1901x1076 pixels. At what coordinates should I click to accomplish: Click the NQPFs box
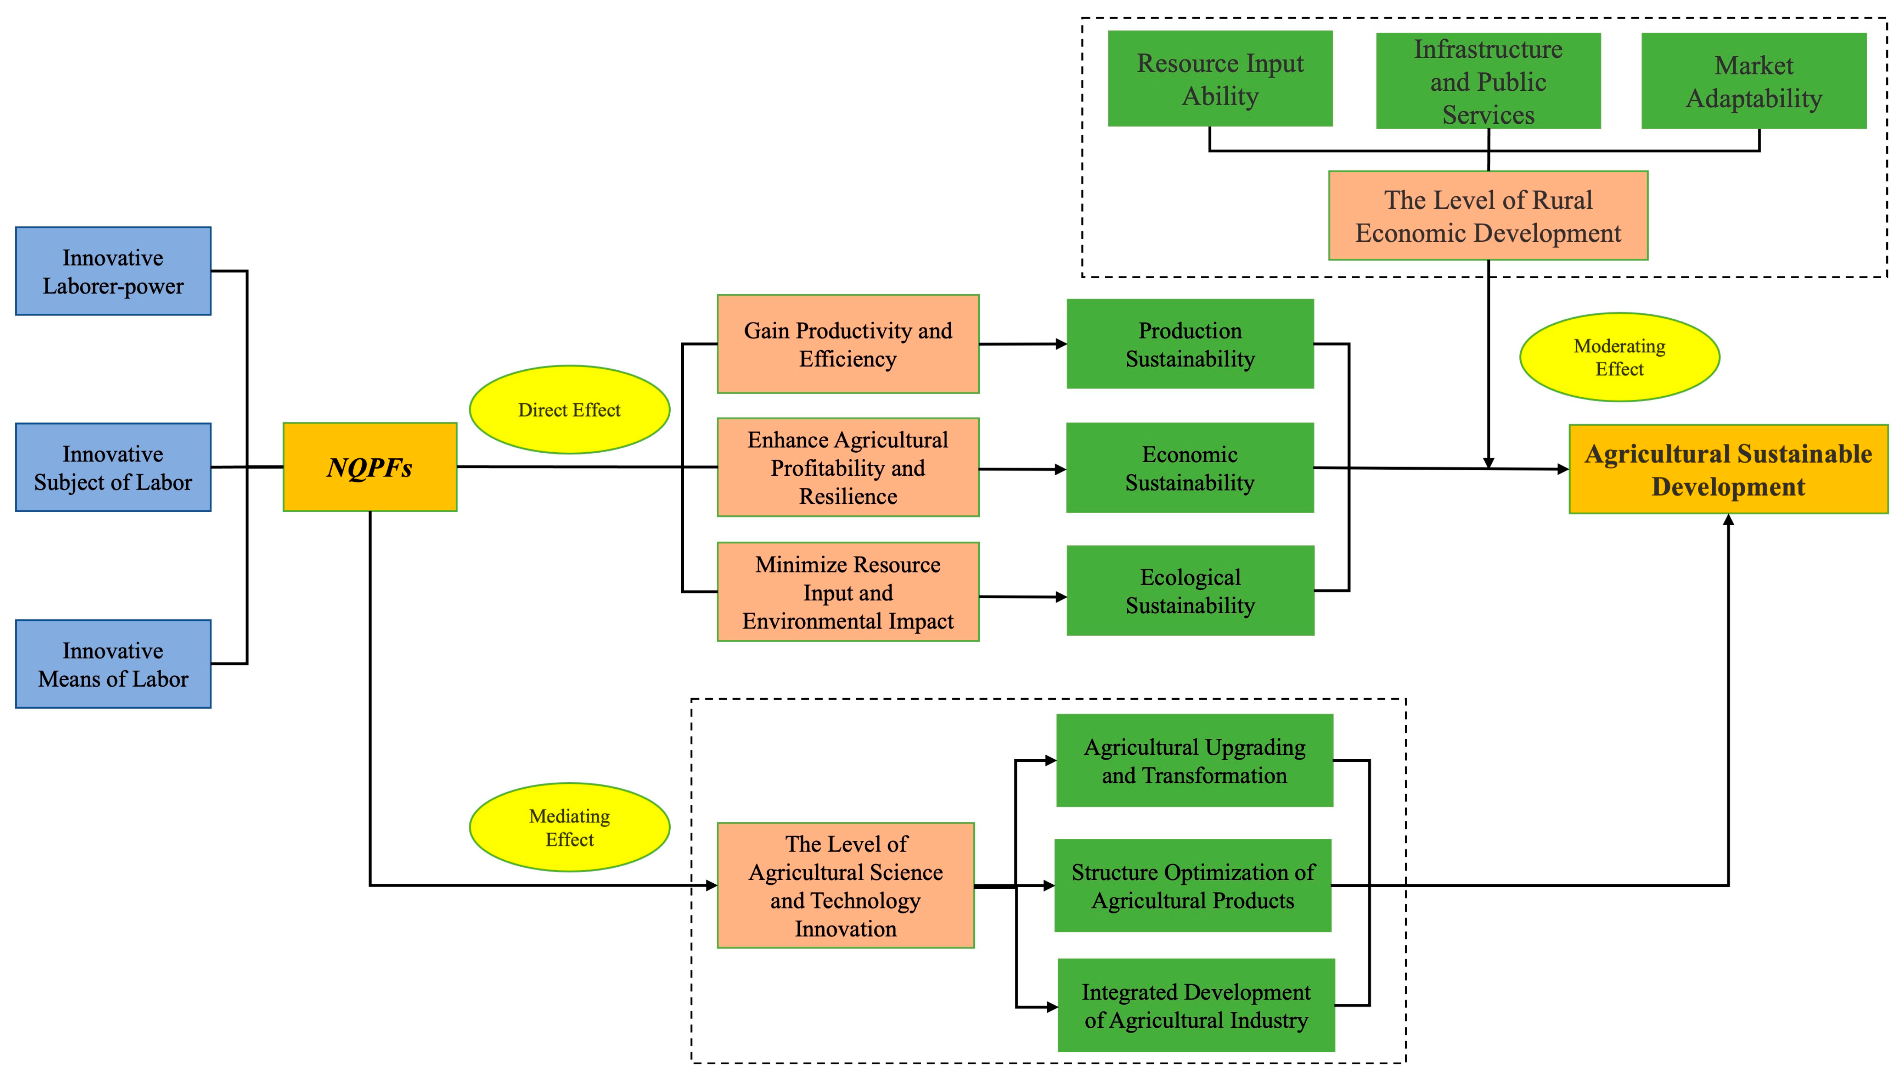369,467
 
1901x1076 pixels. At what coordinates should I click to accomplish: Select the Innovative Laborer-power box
113,271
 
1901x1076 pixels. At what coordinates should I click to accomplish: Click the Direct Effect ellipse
569,409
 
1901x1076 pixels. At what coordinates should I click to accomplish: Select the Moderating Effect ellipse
1619,357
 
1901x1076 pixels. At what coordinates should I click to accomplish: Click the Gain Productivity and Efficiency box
848,344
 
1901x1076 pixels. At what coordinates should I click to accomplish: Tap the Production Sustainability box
1190,344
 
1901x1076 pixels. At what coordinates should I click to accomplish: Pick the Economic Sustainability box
1190,468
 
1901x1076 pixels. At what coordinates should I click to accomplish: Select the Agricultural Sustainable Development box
1728,469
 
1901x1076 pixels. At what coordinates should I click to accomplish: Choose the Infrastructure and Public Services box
1488,81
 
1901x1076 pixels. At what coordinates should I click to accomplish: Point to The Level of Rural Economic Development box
1488,216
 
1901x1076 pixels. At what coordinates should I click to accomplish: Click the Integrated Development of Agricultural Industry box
1196,1005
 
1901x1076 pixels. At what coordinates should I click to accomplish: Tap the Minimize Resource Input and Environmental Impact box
848,592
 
